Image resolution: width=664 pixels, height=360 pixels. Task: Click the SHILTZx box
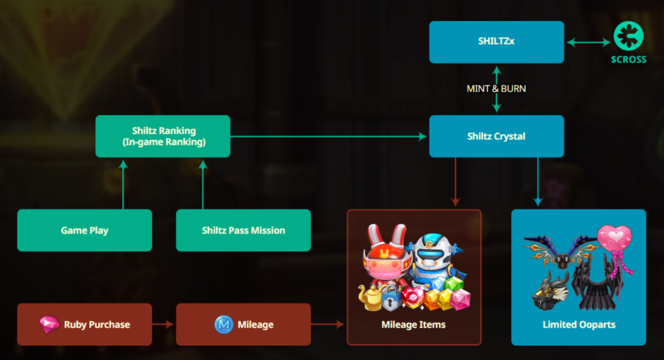point(496,42)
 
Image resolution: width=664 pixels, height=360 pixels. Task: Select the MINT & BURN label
point(496,89)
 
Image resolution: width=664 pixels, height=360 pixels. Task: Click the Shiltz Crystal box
point(496,136)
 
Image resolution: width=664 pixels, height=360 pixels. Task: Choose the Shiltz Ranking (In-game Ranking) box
point(162,136)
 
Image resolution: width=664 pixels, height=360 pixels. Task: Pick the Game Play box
point(84,230)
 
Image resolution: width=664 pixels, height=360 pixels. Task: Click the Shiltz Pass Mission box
point(243,230)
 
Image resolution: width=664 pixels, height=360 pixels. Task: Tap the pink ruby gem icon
point(49,325)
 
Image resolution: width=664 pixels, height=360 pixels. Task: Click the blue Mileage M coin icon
point(224,325)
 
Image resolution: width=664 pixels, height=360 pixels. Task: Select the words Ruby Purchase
point(97,325)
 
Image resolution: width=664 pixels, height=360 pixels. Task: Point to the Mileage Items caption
point(413,325)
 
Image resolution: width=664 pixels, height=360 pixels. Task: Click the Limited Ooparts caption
point(579,325)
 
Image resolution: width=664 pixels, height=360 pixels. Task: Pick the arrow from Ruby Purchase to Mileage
point(164,325)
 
